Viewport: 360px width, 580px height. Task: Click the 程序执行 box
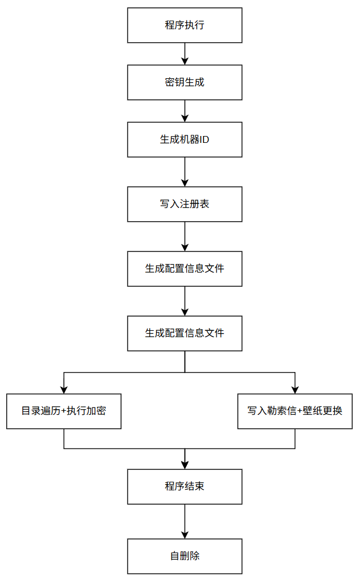(185, 25)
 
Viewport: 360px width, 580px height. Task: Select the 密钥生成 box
(185, 82)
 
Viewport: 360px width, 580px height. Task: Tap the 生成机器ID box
(185, 139)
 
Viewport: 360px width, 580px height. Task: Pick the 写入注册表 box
(185, 204)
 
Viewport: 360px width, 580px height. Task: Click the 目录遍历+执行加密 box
(63, 411)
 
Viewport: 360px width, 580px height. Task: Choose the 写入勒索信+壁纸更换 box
(295, 411)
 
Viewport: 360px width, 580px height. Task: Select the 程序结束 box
(185, 487)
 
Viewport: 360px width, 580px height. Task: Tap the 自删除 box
(185, 557)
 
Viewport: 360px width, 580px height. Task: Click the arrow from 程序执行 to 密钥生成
(185, 54)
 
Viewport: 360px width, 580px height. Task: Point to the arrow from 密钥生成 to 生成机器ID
(185, 111)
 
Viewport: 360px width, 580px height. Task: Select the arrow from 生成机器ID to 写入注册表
(185, 172)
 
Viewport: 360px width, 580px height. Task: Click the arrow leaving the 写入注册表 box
(185, 237)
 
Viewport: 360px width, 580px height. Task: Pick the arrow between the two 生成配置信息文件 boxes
(185, 301)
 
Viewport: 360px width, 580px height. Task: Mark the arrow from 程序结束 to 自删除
(185, 522)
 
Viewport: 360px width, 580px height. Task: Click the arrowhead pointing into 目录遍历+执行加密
(63, 390)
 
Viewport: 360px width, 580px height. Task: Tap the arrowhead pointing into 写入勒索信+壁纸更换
(295, 390)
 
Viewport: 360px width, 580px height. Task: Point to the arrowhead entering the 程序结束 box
(185, 465)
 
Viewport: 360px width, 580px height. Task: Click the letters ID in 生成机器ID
(204, 140)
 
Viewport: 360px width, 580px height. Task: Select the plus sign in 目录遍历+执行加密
(63, 411)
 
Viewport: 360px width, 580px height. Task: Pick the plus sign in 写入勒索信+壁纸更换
(299, 411)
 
